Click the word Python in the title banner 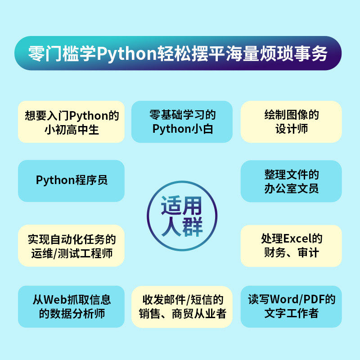click(126, 54)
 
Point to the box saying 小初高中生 click(71, 121)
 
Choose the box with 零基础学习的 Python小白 click(182, 121)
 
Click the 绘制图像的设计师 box click(291, 121)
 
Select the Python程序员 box click(71, 181)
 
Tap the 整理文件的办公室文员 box click(291, 181)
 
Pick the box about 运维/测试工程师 click(71, 246)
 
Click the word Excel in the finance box click(297, 238)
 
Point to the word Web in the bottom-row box click(54, 299)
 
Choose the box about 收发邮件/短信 click(182, 307)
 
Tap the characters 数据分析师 click(77, 314)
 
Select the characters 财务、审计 click(291, 253)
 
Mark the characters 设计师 click(292, 129)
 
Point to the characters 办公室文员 click(291, 189)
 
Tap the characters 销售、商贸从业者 click(182, 314)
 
